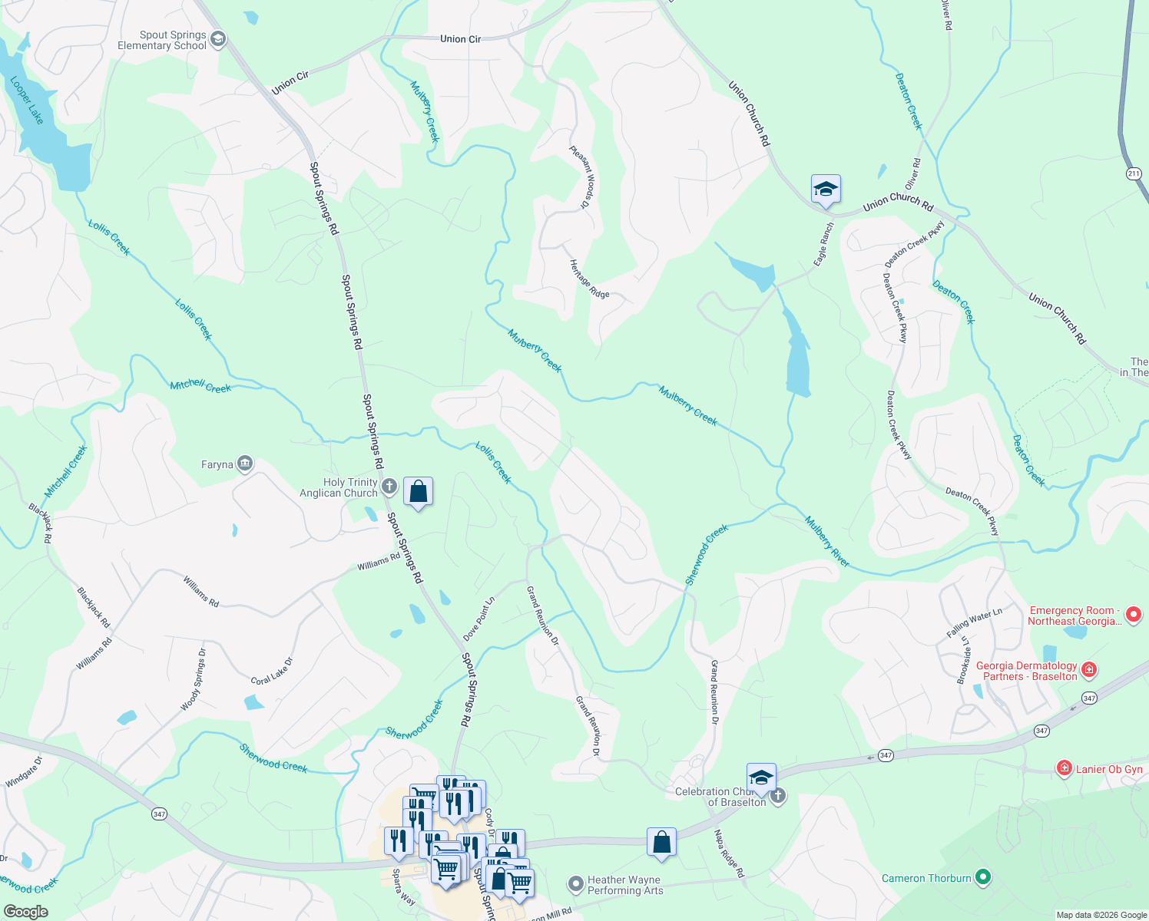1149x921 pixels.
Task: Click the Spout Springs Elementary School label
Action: (162, 40)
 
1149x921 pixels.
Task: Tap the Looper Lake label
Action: (27, 101)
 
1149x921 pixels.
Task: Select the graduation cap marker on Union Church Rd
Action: (826, 189)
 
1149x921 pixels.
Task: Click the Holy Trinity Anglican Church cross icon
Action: (389, 486)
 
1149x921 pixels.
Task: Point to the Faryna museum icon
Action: (245, 464)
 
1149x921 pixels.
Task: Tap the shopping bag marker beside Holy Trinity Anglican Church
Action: (418, 491)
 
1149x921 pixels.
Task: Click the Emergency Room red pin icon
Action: (1133, 614)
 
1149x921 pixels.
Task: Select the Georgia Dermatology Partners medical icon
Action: (1089, 670)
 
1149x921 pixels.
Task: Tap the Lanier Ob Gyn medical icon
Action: (1064, 768)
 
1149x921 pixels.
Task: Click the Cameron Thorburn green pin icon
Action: (983, 877)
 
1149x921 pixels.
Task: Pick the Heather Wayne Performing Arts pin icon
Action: (576, 884)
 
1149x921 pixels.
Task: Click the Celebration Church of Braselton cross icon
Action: (778, 796)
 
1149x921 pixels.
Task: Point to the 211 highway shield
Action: (1134, 173)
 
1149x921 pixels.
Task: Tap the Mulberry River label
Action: (826, 542)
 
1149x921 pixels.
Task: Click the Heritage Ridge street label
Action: (589, 279)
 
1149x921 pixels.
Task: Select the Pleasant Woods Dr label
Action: (581, 177)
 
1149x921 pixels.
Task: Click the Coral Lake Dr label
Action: (272, 671)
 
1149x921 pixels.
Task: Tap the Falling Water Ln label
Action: (974, 623)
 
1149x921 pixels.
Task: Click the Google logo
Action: (25, 912)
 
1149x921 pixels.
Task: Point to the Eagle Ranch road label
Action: (823, 244)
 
